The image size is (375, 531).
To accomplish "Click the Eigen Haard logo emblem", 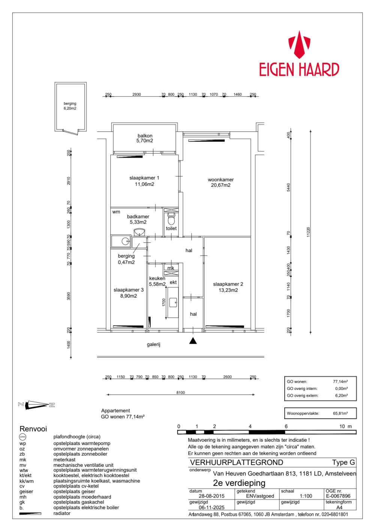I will pyautogui.click(x=299, y=45).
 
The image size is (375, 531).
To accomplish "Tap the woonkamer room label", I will pyautogui.click(x=220, y=180).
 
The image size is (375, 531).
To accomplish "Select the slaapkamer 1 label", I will pyautogui.click(x=144, y=178).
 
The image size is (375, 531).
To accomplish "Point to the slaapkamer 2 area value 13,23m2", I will pyautogui.click(x=228, y=290).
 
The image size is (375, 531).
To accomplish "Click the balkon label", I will pyautogui.click(x=145, y=136).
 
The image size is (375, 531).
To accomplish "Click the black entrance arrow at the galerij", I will pyautogui.click(x=193, y=341).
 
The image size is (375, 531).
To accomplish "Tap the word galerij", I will pyautogui.click(x=153, y=344).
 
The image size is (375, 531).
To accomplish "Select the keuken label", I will pyautogui.click(x=157, y=278).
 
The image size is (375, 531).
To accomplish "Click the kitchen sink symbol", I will pyautogui.click(x=173, y=302).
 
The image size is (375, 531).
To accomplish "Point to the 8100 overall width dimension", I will pyautogui.click(x=180, y=393).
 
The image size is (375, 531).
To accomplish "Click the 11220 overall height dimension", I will pyautogui.click(x=308, y=232).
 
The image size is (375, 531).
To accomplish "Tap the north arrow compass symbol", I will pyautogui.click(x=36, y=405).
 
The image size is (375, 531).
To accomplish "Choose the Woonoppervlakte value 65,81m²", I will pyautogui.click(x=340, y=414).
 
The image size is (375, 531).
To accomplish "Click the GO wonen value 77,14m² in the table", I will pyautogui.click(x=340, y=382).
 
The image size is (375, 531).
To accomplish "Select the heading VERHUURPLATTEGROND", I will pyautogui.click(x=236, y=462).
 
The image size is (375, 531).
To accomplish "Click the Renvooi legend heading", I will pyautogui.click(x=33, y=429).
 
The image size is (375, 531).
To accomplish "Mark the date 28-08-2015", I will pyautogui.click(x=211, y=496).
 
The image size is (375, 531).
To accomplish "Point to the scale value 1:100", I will pyautogui.click(x=306, y=496).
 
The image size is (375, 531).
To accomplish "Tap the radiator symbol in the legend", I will pyautogui.click(x=30, y=513).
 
